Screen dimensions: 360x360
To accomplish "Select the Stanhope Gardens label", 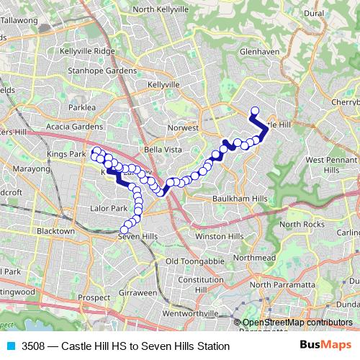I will [102, 71].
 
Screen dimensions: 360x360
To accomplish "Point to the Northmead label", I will [255, 257].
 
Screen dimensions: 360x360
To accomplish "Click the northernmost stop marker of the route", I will [254, 111].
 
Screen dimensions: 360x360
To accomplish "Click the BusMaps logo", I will [325, 346].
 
